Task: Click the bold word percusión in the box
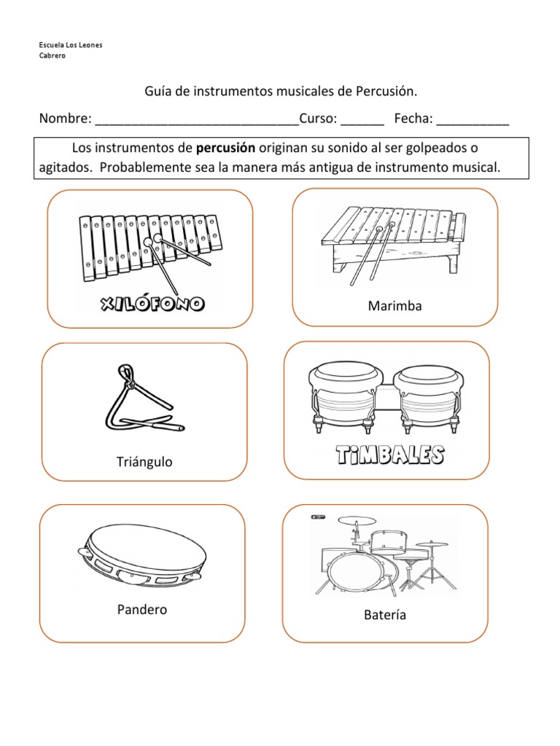pos(225,148)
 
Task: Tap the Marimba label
pos(395,306)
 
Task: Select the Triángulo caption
pos(144,462)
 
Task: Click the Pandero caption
pos(141,609)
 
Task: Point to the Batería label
pos(385,615)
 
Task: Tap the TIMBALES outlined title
pos(389,456)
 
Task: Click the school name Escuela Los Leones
pos(70,45)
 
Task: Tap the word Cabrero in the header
pos(52,55)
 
